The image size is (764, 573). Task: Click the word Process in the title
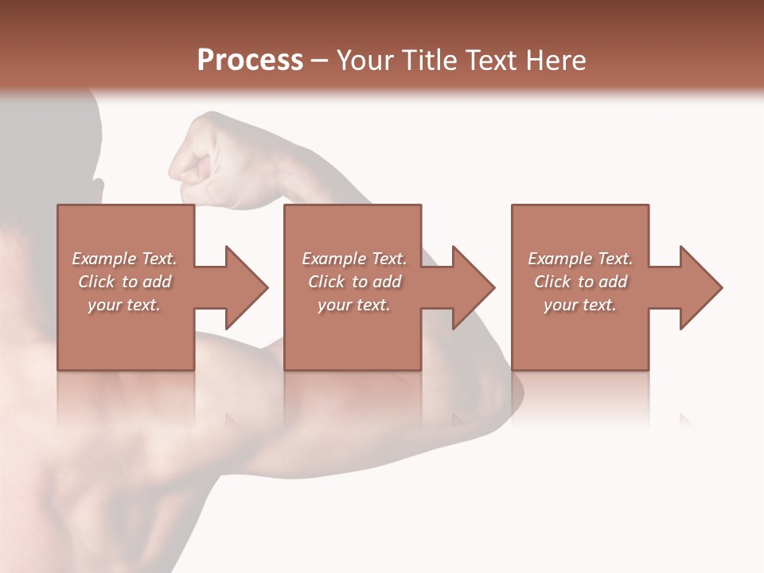(x=250, y=60)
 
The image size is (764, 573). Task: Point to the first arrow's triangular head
(x=246, y=287)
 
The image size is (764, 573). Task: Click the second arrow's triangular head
(x=473, y=287)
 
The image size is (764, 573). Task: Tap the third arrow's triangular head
(x=700, y=287)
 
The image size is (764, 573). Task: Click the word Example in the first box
(x=103, y=259)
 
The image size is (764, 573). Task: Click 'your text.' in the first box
(x=124, y=305)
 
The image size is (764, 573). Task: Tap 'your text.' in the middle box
(x=353, y=305)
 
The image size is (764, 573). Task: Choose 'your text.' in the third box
(x=580, y=305)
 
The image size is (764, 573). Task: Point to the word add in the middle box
(x=387, y=282)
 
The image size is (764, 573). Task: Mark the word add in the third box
(x=613, y=282)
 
